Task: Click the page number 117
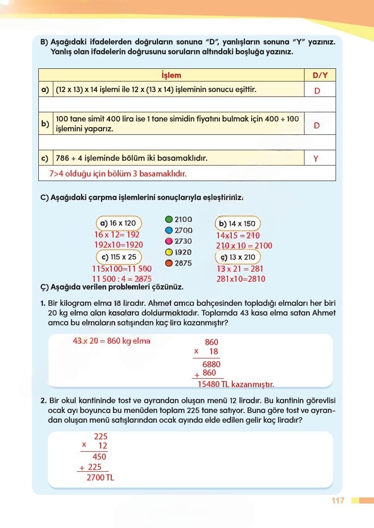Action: [x=338, y=501]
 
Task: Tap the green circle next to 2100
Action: [x=169, y=219]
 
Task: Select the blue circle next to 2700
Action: [x=169, y=231]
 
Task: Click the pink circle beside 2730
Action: [x=169, y=241]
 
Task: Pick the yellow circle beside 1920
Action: [x=169, y=252]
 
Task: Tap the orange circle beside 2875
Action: [x=169, y=263]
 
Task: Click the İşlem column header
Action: [x=171, y=75]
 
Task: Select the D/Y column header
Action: [x=320, y=75]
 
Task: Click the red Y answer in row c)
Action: [x=316, y=159]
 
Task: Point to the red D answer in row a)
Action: [x=317, y=91]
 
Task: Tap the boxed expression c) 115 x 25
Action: [x=119, y=257]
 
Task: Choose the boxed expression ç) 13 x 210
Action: [x=238, y=257]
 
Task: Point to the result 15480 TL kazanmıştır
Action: [x=235, y=384]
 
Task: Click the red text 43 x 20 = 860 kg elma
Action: [x=112, y=341]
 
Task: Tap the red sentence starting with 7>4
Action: [x=118, y=174]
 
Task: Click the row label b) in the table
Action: [x=45, y=124]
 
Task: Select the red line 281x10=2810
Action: [x=241, y=279]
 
